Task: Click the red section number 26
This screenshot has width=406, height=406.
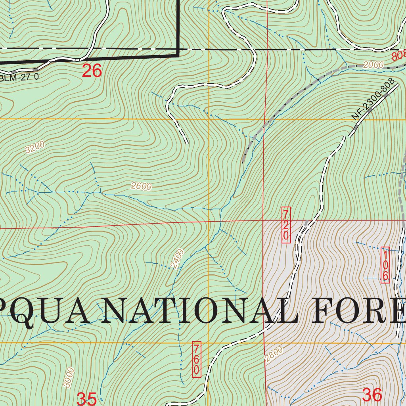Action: pos(92,71)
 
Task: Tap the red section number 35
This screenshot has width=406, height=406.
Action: pos(86,398)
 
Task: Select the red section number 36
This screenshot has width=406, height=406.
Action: pos(372,395)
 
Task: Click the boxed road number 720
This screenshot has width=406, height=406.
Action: pos(286,225)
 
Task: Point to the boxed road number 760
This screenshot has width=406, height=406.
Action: pos(196,359)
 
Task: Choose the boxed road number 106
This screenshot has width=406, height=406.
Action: pos(385,265)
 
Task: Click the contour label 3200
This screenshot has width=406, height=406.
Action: pos(35,147)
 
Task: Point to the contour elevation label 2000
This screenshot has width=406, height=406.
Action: pos(373,65)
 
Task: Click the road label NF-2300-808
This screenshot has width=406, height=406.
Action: pos(374,99)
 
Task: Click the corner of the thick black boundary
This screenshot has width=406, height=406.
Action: pos(178,56)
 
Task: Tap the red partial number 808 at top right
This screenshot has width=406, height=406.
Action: pos(398,56)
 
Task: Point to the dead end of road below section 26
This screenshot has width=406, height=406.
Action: pos(186,142)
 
